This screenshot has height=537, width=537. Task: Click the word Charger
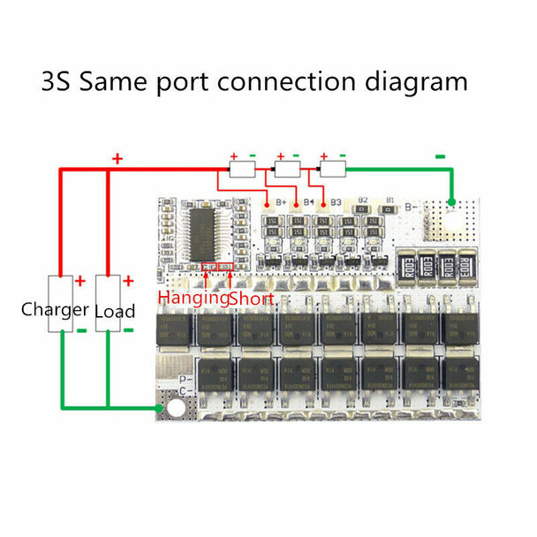[54, 310]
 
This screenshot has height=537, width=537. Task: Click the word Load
[115, 311]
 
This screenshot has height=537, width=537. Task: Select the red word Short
[252, 299]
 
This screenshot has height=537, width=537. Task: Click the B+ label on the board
[282, 202]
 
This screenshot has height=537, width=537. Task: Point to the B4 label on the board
[309, 202]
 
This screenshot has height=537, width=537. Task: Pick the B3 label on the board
[336, 202]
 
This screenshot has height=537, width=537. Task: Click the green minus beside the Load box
[129, 330]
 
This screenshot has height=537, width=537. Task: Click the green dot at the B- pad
[451, 204]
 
